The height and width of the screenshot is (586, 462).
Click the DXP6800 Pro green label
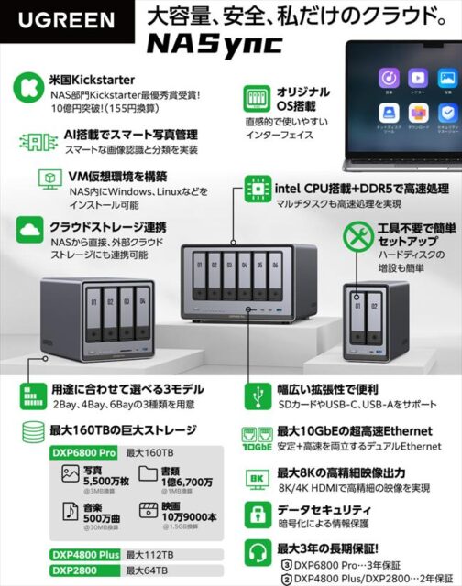82,452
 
